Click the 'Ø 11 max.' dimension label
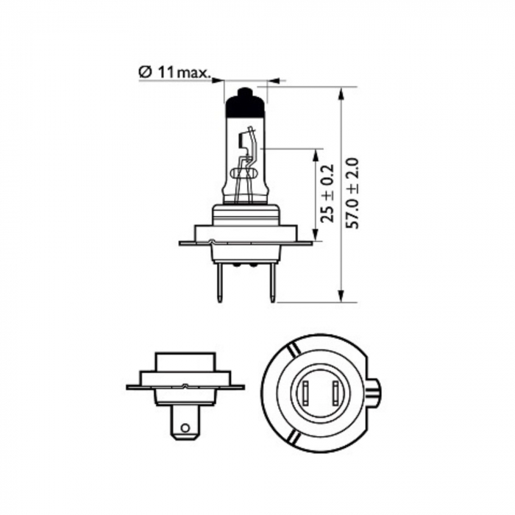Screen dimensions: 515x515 pyautogui.click(x=175, y=72)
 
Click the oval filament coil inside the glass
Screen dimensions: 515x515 pyautogui.click(x=245, y=175)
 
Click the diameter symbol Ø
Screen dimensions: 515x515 pyautogui.click(x=144, y=72)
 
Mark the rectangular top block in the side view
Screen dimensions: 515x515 pyautogui.click(x=184, y=361)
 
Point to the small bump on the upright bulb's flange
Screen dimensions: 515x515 pyautogui.click(x=212, y=241)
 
